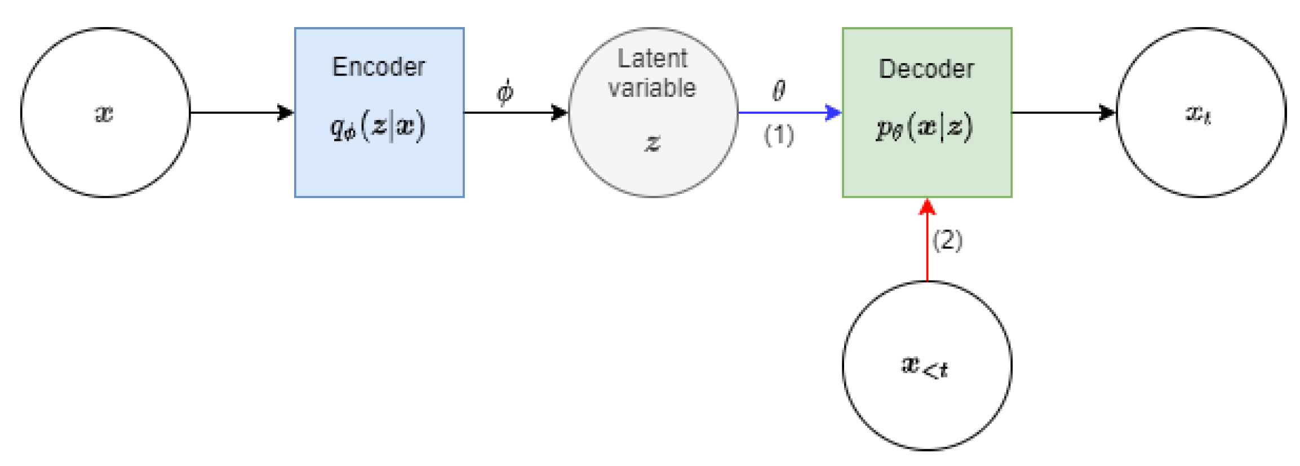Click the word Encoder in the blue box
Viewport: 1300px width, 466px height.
click(x=378, y=67)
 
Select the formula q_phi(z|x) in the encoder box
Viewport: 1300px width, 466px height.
click(x=378, y=127)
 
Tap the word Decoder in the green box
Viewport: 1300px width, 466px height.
click(x=926, y=69)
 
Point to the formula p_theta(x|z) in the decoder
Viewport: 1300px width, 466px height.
click(x=924, y=127)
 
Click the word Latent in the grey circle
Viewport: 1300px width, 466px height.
click(x=652, y=59)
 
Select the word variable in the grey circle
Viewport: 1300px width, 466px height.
click(x=652, y=88)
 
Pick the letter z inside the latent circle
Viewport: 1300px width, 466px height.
click(x=652, y=143)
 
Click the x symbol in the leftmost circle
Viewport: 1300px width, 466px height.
click(x=104, y=113)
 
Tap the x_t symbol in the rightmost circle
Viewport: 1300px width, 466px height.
click(x=1198, y=114)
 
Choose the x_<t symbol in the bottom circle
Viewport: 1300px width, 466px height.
click(x=925, y=367)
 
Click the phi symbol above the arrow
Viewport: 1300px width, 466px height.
click(x=504, y=92)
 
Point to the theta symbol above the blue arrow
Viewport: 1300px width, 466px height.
click(x=778, y=90)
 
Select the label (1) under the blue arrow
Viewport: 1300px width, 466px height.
click(x=779, y=135)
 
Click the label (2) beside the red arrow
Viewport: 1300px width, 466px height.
click(x=947, y=241)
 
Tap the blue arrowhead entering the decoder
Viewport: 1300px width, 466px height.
click(x=832, y=113)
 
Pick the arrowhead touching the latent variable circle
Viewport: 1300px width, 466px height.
click(x=559, y=113)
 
